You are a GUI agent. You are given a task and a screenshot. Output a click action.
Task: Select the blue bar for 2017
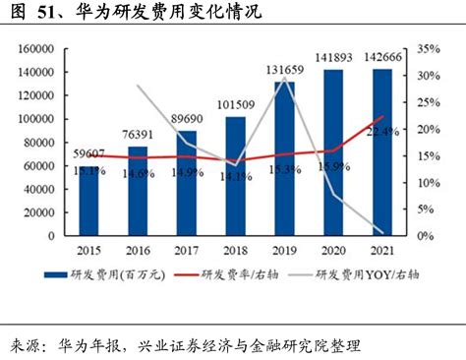(x=187, y=183)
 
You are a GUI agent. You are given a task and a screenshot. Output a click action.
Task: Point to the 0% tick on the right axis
(x=424, y=237)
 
